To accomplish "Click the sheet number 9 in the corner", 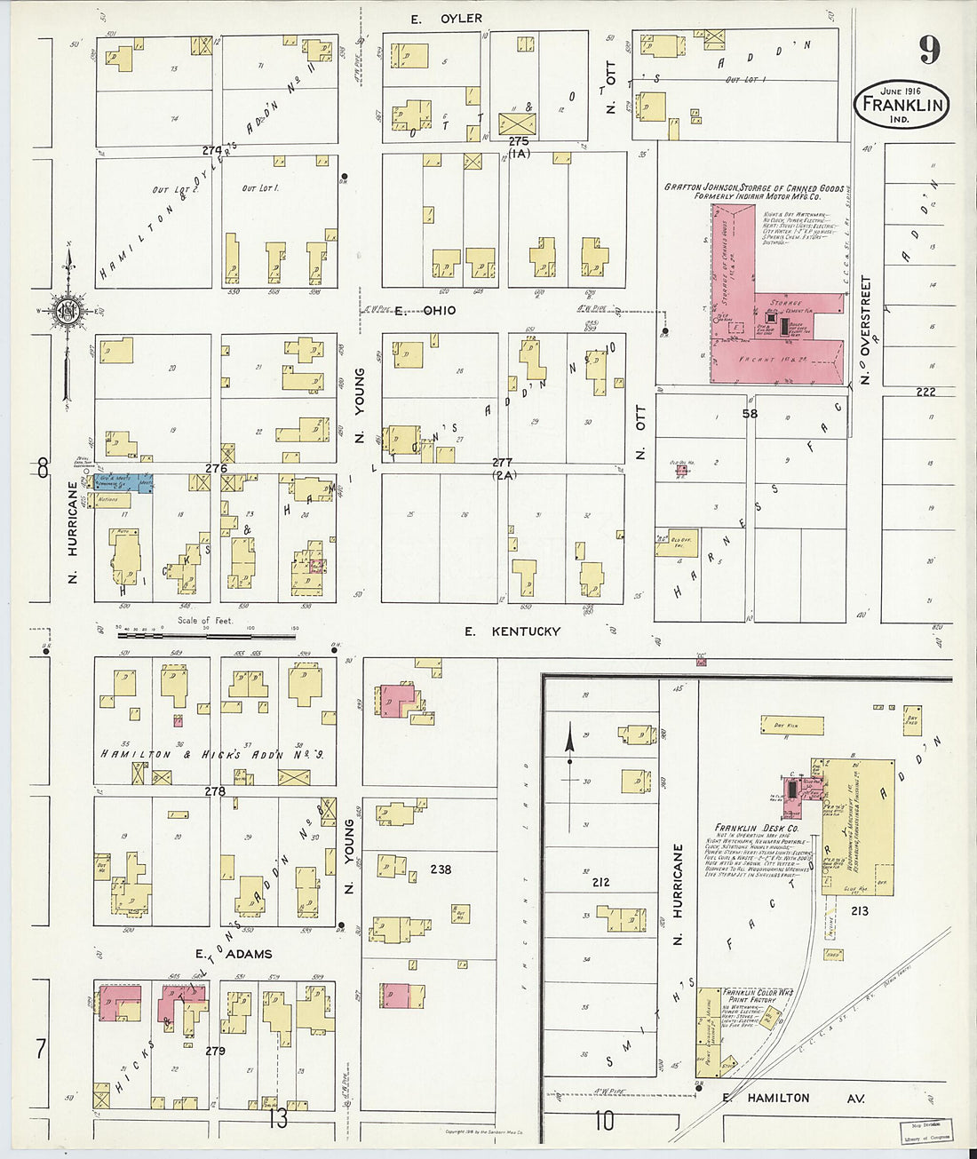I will point(928,50).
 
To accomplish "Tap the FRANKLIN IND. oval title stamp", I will point(902,106).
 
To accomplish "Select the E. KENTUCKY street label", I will point(513,631).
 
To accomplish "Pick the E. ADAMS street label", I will point(234,954).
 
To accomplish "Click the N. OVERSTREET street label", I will point(866,329).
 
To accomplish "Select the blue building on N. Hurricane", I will point(124,482).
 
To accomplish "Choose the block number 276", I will point(217,468).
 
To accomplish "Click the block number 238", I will point(440,869).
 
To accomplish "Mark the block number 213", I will point(859,911).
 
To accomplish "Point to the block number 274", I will point(211,150).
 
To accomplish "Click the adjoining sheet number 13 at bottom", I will point(278,1119).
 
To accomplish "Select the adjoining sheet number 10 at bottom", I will point(604,1121).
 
